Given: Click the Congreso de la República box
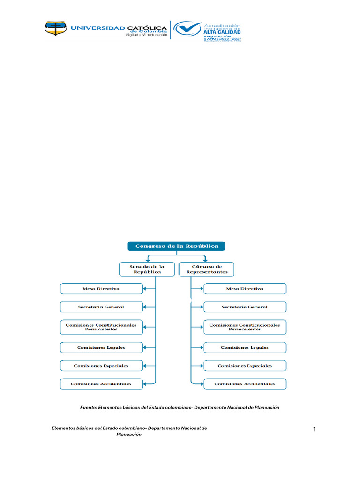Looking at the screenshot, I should (x=176, y=246).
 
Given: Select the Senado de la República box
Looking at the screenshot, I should (x=147, y=269).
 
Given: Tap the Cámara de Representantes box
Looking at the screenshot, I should (x=207, y=269).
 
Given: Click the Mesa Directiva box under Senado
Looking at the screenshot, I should (x=101, y=289).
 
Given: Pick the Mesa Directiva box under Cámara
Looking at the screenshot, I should (x=245, y=289).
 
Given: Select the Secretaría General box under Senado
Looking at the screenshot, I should (x=101, y=307).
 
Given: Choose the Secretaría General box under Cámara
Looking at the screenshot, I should (x=245, y=307).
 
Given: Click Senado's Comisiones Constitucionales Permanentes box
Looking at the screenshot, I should (x=101, y=327).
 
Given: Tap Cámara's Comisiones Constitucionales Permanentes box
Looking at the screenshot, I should (x=245, y=327).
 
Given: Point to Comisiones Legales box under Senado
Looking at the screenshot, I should (x=101, y=347).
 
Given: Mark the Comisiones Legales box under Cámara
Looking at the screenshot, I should (x=245, y=347).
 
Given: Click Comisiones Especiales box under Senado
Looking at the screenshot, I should (x=101, y=365).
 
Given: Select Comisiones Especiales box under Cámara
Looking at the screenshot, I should (x=245, y=365).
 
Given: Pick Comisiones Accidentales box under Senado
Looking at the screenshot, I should (x=101, y=384).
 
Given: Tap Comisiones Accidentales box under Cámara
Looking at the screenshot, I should (x=245, y=384).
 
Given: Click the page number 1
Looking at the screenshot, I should (x=315, y=429).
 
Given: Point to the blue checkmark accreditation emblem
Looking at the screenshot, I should (x=187, y=30).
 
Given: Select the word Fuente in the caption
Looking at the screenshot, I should (x=88, y=408).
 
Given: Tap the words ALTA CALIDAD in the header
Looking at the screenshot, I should (x=223, y=32).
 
